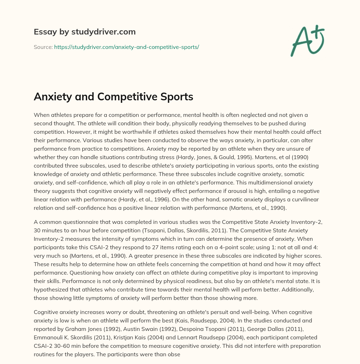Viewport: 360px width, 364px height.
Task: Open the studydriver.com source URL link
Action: (x=127, y=47)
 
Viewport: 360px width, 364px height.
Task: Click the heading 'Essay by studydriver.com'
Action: (x=84, y=32)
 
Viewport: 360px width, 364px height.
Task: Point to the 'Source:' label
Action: (x=43, y=47)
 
